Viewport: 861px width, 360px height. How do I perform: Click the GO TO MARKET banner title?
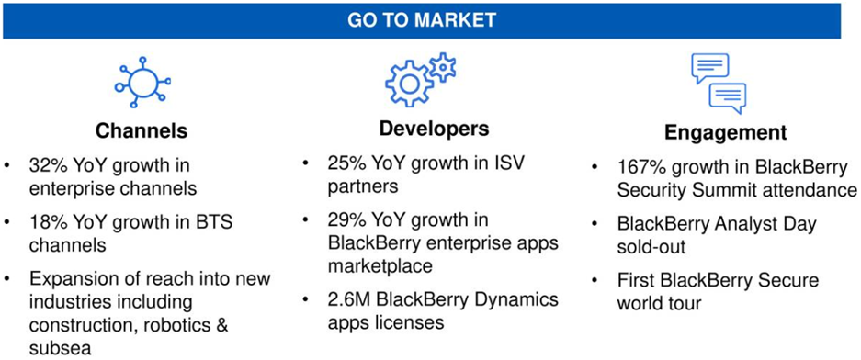pyautogui.click(x=422, y=21)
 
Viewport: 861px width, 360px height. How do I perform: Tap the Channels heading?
pyautogui.click(x=142, y=130)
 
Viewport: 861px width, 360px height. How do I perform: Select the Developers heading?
pyautogui.click(x=434, y=128)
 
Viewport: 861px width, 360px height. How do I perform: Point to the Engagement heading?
pyautogui.click(x=726, y=133)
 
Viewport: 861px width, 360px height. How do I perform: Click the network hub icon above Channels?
pyautogui.click(x=142, y=83)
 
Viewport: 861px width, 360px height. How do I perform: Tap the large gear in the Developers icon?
pyautogui.click(x=410, y=83)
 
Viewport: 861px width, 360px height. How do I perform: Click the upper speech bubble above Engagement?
pyautogui.click(x=709, y=68)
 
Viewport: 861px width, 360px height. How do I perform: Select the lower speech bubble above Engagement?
pyautogui.click(x=728, y=97)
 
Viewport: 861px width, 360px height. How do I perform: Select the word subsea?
pyautogui.click(x=61, y=348)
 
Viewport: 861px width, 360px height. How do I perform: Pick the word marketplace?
pyautogui.click(x=380, y=266)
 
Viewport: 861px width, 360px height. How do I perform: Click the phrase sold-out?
pyautogui.click(x=651, y=246)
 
